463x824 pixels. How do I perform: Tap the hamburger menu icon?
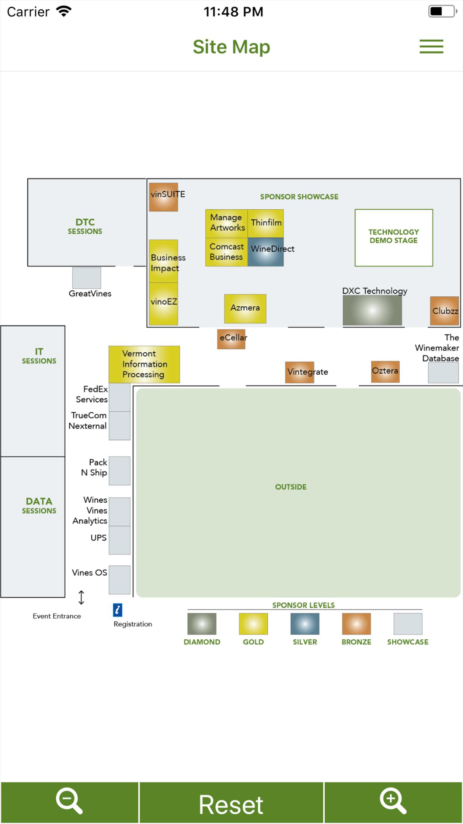[x=431, y=47]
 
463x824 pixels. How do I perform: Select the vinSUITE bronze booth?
[x=163, y=197]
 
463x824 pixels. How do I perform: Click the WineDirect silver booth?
[x=265, y=252]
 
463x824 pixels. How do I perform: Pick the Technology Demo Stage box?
[x=394, y=238]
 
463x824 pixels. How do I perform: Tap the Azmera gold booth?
[x=245, y=309]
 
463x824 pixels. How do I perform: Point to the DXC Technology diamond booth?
[x=372, y=310]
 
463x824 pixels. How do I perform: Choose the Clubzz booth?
[x=444, y=311]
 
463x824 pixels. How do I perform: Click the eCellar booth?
[x=231, y=339]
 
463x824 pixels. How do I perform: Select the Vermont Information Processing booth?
[x=144, y=364]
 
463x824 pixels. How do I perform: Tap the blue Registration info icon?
[x=117, y=610]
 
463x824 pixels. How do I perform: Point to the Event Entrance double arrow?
[x=81, y=597]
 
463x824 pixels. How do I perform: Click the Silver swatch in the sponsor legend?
[x=305, y=624]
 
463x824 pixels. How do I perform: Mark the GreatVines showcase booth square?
[x=86, y=278]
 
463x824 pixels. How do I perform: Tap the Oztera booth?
[x=385, y=371]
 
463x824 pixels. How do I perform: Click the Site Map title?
[x=231, y=47]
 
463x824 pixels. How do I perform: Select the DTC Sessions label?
[x=85, y=226]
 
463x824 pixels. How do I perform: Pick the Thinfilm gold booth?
[x=265, y=223]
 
